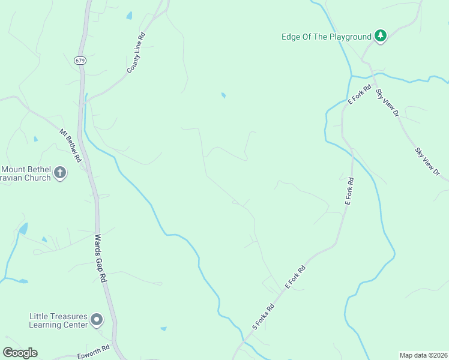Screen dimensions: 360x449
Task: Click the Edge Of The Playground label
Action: coord(327,37)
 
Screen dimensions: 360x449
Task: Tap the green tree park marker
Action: coord(380,36)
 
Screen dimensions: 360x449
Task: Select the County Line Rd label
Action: coord(136,53)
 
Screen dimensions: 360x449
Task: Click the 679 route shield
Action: coord(80,60)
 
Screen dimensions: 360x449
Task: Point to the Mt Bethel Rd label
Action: coord(70,146)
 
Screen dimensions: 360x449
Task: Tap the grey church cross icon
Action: coord(59,173)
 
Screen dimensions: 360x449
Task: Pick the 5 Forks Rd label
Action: coord(263,316)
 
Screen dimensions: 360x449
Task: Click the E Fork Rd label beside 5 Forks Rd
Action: coord(295,278)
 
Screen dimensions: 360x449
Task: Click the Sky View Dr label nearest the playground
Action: coord(387,103)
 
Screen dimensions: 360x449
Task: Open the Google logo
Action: coord(20,353)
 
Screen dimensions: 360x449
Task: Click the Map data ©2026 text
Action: coord(423,355)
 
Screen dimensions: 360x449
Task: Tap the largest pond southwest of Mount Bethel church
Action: coord(23,229)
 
